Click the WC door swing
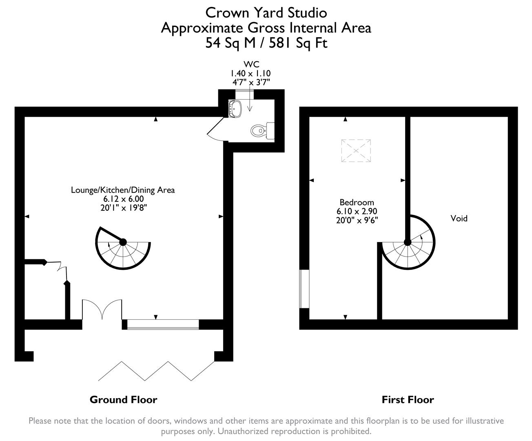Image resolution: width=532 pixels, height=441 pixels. click(216, 130)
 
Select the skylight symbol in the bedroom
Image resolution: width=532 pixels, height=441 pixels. click(356, 151)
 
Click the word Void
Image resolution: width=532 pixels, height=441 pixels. click(459, 218)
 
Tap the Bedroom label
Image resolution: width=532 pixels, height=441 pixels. click(357, 202)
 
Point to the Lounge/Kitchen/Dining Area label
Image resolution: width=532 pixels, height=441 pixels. click(123, 190)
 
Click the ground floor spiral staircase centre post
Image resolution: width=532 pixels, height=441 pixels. click(123, 242)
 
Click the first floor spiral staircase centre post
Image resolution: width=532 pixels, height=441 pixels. click(407, 242)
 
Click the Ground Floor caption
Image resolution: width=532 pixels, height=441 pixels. click(123, 399)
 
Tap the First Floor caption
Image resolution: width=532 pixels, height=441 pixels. click(408, 399)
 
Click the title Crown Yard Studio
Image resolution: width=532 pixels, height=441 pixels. click(266, 13)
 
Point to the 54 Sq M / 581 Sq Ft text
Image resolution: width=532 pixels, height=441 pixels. click(266, 43)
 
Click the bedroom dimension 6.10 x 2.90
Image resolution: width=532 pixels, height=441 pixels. click(357, 211)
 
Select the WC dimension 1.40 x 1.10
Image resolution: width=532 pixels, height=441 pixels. click(250, 73)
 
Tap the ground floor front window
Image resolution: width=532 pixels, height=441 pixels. click(162, 325)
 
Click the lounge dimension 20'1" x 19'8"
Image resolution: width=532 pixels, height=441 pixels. click(123, 207)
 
